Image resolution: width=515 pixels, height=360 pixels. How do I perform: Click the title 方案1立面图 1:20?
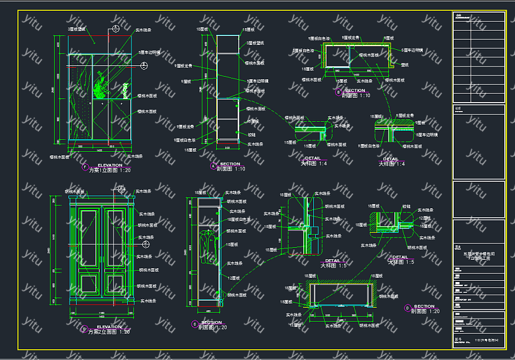tap(110, 170)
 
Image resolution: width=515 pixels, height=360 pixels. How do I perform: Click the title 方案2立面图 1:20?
tap(110, 332)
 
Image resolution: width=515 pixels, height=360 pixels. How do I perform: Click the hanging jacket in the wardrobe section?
tap(208, 246)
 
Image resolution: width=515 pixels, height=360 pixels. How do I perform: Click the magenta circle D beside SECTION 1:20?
tap(408, 308)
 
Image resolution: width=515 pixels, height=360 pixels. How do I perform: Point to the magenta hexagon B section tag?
tap(339, 92)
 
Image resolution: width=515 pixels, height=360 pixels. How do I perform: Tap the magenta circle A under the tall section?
tap(212, 166)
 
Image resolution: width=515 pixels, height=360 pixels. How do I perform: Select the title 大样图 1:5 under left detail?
tap(331, 265)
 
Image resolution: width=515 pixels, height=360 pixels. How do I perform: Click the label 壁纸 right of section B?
tap(404, 64)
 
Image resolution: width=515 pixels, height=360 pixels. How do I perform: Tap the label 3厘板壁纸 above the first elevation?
tap(77, 29)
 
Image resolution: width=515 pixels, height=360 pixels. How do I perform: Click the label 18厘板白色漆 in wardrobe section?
tap(238, 220)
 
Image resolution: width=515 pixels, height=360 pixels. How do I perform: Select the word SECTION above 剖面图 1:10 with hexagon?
tap(355, 91)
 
